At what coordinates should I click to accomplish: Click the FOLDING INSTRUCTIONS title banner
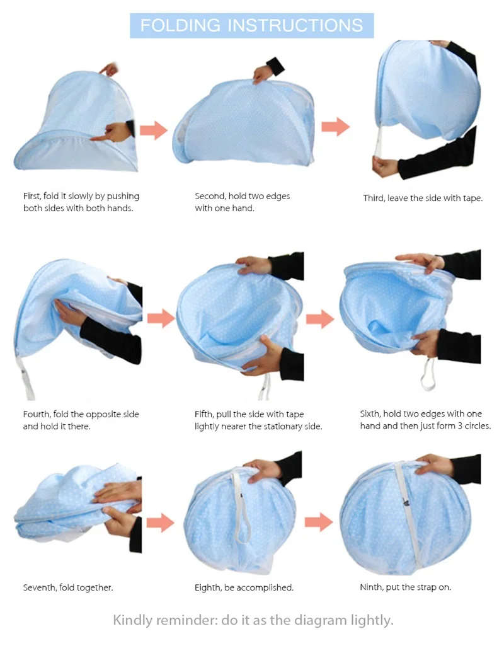click(x=251, y=25)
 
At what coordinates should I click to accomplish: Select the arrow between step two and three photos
click(x=335, y=127)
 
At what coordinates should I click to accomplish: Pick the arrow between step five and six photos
click(x=320, y=318)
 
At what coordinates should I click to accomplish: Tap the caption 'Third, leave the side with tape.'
click(x=423, y=198)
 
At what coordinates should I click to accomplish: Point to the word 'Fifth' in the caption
click(x=205, y=415)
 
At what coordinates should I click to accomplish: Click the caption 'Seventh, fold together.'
click(x=68, y=587)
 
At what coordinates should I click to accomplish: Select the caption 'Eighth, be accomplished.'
click(x=244, y=587)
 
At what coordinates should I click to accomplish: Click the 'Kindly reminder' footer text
click(x=253, y=620)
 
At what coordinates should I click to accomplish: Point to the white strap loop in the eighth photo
click(x=239, y=504)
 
